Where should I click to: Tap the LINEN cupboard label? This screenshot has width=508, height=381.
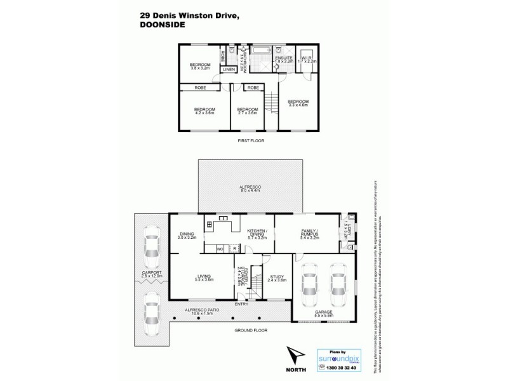229,69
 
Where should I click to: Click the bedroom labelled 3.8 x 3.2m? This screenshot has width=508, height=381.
200,65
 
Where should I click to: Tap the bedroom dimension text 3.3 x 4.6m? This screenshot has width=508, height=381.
298,105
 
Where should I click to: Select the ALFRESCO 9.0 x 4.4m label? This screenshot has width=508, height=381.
251,189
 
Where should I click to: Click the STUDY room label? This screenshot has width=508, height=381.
276,277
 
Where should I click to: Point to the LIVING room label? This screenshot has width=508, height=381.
204,277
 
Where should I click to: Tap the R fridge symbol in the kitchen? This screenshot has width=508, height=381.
235,248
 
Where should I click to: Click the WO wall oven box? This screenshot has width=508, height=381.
220,248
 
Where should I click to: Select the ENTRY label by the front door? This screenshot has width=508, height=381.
241,304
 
